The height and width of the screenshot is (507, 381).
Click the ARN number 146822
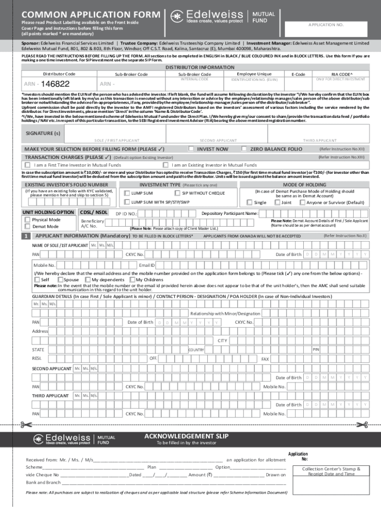click(x=55, y=84)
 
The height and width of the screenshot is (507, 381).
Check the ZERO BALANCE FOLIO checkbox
click(x=244, y=149)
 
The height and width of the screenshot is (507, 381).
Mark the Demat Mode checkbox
click(x=28, y=226)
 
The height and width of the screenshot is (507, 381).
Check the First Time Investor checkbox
click(x=28, y=165)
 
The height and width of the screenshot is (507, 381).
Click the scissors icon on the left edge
click(x=25, y=424)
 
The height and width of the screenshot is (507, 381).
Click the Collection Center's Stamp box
click(x=331, y=471)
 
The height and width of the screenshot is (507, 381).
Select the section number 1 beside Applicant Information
click(x=26, y=236)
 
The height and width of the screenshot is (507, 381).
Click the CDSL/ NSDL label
click(x=95, y=212)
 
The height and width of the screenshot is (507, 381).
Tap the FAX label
click(x=265, y=359)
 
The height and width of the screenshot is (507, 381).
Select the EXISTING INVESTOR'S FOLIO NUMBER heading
click(x=66, y=185)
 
